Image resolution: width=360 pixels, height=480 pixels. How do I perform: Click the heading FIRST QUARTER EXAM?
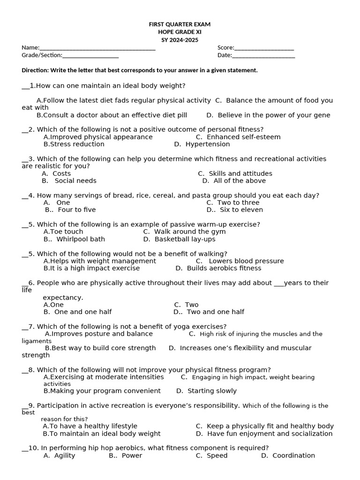[180, 24]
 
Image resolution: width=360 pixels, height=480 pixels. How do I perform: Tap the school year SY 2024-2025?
[180, 40]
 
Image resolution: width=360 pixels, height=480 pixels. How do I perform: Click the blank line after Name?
[97, 48]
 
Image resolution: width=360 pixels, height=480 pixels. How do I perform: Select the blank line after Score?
[264, 48]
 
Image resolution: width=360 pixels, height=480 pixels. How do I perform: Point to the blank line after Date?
[263, 56]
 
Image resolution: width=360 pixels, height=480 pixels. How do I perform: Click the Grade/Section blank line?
[90, 56]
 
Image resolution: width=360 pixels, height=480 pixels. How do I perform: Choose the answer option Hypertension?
[208, 144]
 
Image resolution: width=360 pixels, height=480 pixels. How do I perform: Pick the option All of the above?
[239, 181]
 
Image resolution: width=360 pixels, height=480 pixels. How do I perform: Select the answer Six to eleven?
[241, 210]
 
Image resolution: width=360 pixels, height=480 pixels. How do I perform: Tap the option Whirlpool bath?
[81, 239]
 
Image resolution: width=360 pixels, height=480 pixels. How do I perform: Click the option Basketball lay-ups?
[185, 239]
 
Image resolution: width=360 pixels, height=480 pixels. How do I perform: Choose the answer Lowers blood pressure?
[246, 261]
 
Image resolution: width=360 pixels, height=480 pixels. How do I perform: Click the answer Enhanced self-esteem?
[243, 137]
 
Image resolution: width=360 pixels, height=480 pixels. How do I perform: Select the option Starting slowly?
[212, 391]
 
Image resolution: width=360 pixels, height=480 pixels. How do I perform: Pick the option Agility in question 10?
[64, 456]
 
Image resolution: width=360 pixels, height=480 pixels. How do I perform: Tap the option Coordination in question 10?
[293, 456]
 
